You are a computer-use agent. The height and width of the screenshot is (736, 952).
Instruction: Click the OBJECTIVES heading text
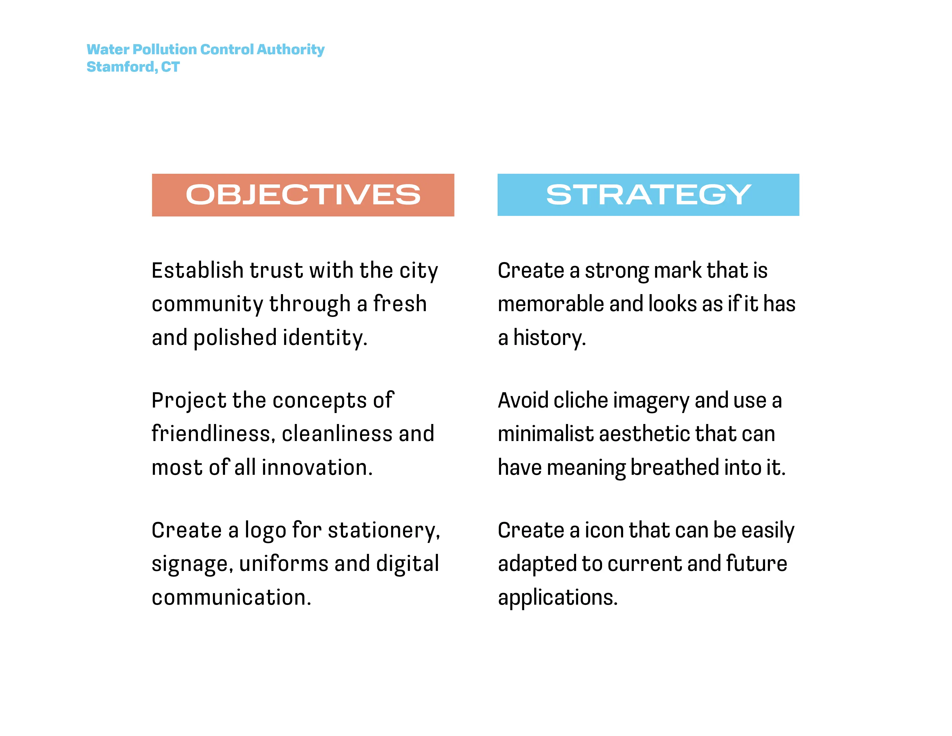point(303,195)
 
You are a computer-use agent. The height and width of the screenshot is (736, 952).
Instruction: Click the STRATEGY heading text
point(648,195)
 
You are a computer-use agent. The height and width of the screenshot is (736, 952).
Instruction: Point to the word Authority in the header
point(291,50)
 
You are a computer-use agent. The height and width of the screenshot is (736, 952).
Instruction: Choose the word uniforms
point(284,564)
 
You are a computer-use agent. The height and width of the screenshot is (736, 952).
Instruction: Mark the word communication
point(231,597)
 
